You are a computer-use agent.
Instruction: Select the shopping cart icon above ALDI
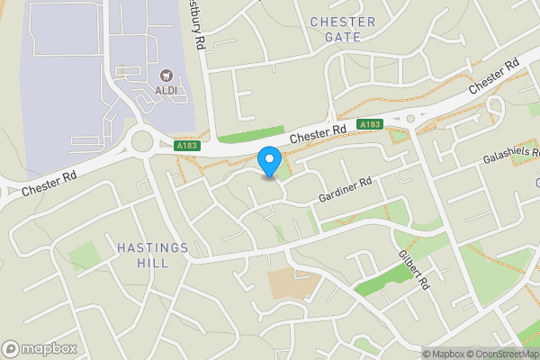pos(166,76)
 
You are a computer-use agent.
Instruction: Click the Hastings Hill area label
pos(152,255)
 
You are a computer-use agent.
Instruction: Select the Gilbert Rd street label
pos(413,267)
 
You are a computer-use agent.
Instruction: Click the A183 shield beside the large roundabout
pos(187,145)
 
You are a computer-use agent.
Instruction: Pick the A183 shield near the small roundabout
pos(371,123)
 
